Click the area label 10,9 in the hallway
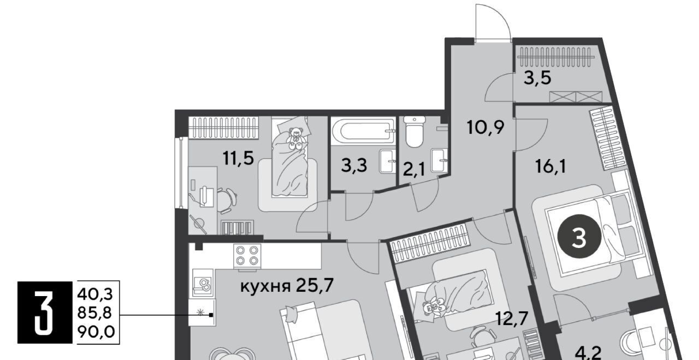point(485,127)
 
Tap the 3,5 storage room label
point(537,78)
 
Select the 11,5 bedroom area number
point(238,158)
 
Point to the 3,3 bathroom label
point(354,166)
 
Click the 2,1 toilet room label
point(414,170)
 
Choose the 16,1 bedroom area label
point(550,166)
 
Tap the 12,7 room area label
point(512,318)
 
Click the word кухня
point(265,287)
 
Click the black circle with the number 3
point(579,237)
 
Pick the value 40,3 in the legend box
point(95,294)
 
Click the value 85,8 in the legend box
point(94,313)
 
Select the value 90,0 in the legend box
point(96,332)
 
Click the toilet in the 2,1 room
point(414,132)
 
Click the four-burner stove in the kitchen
point(247,256)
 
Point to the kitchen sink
point(203,282)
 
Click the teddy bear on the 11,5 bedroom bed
point(295,137)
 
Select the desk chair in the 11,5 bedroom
point(226,200)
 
